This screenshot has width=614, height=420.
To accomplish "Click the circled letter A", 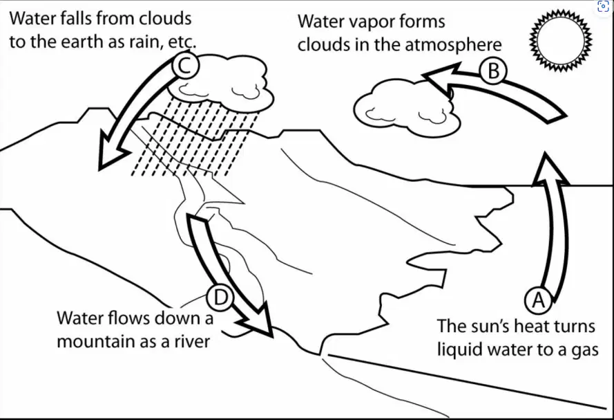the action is pos(539,300).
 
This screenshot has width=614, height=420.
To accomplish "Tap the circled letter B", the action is pos(493,71).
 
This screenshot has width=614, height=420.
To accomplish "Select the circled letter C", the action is pos(186,66).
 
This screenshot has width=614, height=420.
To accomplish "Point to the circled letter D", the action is pos(220,298).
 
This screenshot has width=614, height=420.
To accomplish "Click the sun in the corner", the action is pos(561,40).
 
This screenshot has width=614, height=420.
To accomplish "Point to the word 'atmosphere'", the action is pos(453,44).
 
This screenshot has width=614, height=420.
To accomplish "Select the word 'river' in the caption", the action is pos(192,341).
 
